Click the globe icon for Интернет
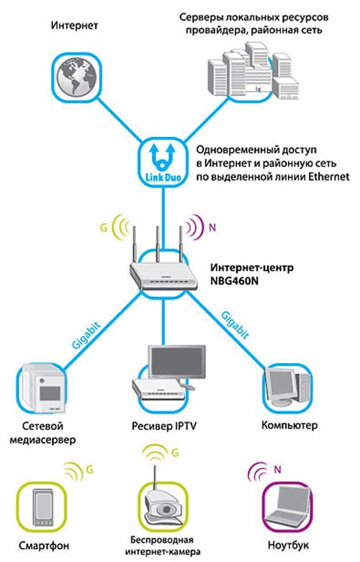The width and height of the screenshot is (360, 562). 76,78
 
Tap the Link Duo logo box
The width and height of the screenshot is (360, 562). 163,163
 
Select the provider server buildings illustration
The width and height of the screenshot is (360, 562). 253,71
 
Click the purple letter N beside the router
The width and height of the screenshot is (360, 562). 212,227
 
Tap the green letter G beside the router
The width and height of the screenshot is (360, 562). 104,228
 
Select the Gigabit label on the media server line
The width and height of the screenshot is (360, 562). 86,336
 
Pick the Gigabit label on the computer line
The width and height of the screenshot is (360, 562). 235,325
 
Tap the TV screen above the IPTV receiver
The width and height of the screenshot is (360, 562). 177,362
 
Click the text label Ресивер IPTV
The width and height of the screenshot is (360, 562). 164,426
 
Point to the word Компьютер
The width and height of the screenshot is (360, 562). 289,425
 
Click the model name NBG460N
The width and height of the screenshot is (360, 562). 234,281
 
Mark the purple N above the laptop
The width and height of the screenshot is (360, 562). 277,469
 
